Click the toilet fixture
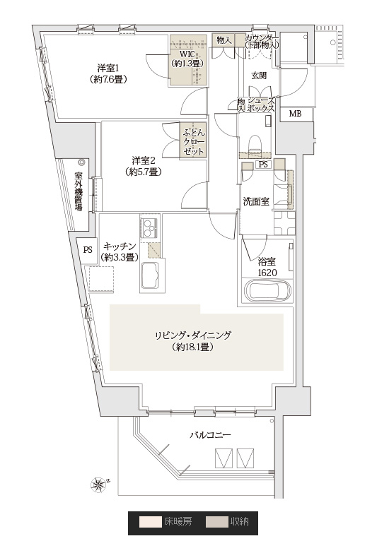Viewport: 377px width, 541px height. click(256, 142)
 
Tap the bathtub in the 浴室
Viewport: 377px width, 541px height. click(267, 290)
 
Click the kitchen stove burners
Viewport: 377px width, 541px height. click(150, 227)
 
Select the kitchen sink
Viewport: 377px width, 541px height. click(151, 275)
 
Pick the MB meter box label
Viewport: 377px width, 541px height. click(295, 114)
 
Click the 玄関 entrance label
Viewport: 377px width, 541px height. click(259, 76)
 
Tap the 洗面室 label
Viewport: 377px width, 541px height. click(256, 201)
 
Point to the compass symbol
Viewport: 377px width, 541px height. click(99, 484)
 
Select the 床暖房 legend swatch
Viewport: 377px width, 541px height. click(151, 522)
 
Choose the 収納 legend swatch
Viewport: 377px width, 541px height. click(217, 522)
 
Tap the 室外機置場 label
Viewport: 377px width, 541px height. click(79, 191)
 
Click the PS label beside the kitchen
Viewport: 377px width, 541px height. click(88, 249)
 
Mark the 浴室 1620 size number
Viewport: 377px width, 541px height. click(267, 273)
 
